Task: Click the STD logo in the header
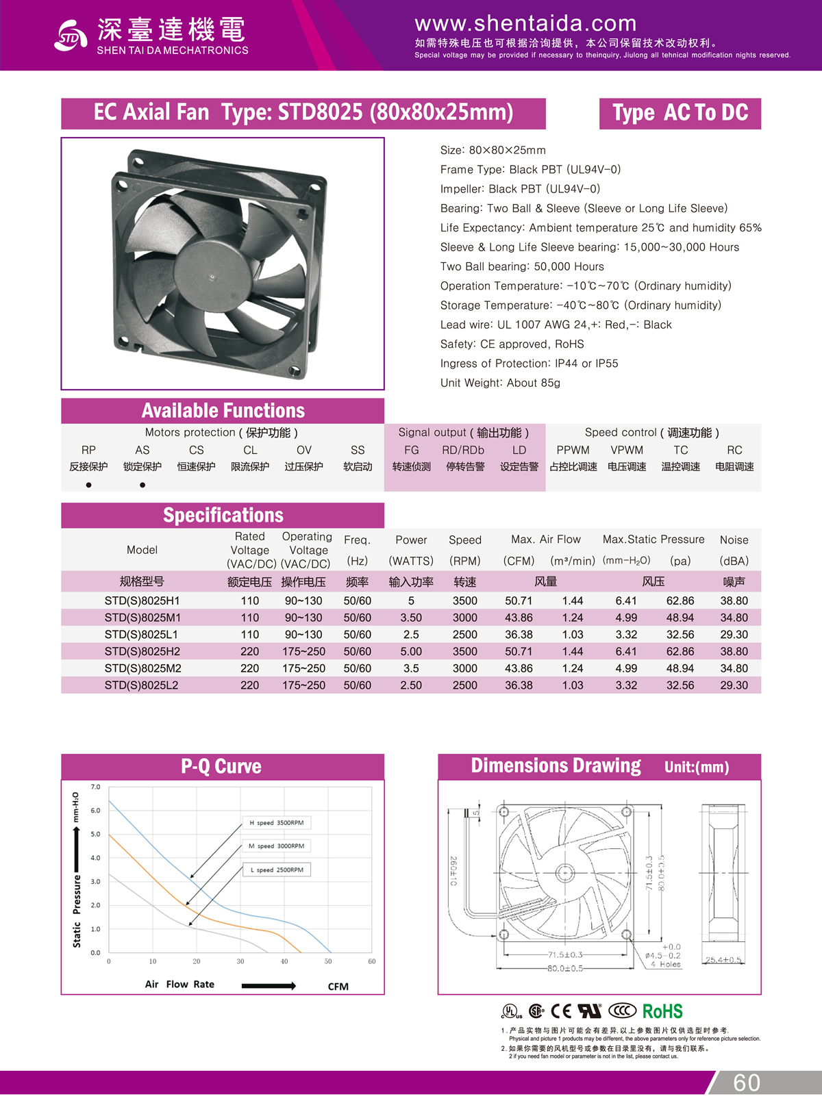coord(71,36)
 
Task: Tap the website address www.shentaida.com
coord(525,24)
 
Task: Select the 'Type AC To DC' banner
coord(680,113)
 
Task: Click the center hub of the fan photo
coord(212,277)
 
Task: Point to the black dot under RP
coord(89,485)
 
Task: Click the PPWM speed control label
coord(573,450)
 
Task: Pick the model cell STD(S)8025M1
coord(142,618)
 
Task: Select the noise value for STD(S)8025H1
coord(734,600)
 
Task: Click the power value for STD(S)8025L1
coord(411,635)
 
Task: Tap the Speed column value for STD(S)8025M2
coord(464,668)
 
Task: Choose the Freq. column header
coord(357,540)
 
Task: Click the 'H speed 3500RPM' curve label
coord(277,822)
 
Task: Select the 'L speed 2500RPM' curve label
coord(277,870)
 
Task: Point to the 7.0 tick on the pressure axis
coord(95,787)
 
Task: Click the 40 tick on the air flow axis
coord(284,961)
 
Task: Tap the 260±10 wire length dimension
coord(453,870)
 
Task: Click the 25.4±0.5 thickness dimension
coord(723,959)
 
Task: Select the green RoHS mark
coord(662,1011)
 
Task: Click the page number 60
coord(746,1082)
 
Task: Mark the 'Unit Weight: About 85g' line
coord(500,383)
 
